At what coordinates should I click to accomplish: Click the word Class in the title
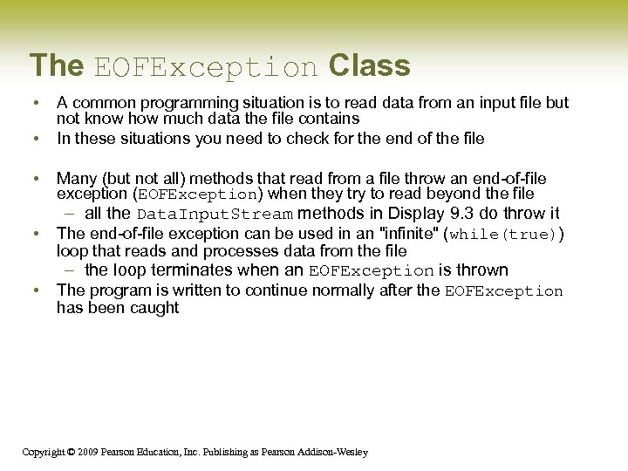[369, 65]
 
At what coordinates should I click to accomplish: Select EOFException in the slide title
[206, 67]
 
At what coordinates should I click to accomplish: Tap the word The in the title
[57, 65]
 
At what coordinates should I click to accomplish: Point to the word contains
[328, 118]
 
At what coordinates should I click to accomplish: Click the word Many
[76, 179]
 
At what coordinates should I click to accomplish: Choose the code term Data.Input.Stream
[215, 215]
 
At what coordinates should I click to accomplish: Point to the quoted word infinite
[406, 233]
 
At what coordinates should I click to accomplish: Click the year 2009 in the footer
[85, 452]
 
